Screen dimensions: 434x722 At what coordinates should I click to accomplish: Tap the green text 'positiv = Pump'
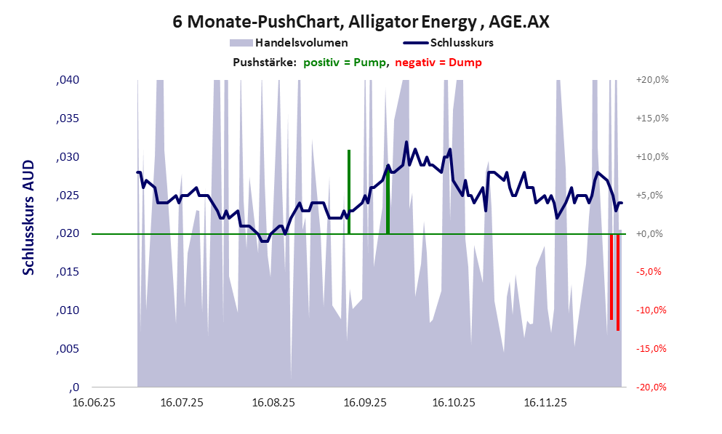coord(345,63)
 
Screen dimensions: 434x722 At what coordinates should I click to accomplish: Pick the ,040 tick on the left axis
coord(68,80)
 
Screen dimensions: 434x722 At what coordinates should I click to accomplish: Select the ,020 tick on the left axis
coord(68,234)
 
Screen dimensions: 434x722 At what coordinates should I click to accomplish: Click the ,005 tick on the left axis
coord(68,349)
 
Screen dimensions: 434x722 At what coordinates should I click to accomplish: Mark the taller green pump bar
coord(349,192)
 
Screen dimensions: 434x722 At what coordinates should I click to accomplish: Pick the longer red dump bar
coord(618,282)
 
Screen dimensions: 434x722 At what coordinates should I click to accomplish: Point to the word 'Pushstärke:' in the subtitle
coord(264,63)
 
